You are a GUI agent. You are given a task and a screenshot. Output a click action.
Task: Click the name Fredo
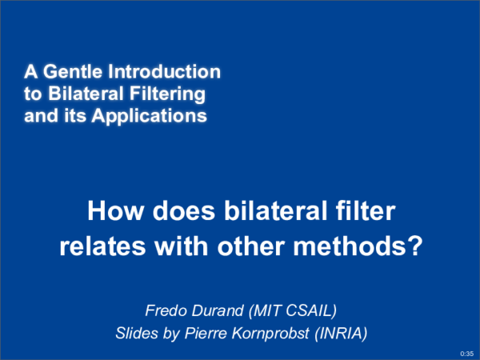point(162,310)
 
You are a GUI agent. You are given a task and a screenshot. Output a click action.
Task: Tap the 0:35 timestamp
point(467,353)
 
